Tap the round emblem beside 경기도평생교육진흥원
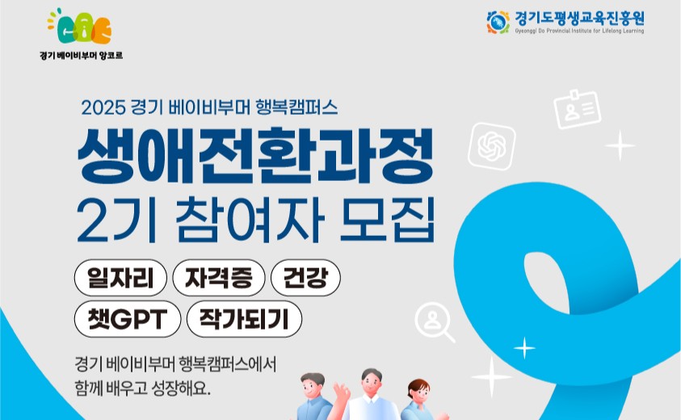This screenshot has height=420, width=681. point(498,22)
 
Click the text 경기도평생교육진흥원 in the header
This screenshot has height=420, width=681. point(579,19)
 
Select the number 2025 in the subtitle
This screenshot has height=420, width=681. point(103,107)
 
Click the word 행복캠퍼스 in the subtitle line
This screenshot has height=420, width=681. point(296,107)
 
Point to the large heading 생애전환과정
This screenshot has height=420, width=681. point(255,156)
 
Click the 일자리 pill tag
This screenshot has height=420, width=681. point(120,278)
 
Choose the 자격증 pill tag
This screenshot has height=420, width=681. point(218,278)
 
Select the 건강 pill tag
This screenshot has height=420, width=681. point(305,278)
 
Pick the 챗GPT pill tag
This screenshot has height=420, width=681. point(128,319)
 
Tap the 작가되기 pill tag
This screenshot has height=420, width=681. point(244,319)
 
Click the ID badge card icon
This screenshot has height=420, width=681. point(578,110)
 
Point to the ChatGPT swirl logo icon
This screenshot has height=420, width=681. point(492,146)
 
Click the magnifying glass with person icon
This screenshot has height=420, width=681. point(435,321)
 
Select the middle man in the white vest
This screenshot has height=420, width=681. point(372,395)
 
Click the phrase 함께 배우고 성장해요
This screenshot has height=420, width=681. point(142,388)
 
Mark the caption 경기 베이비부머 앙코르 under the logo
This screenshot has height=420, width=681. point(82,56)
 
